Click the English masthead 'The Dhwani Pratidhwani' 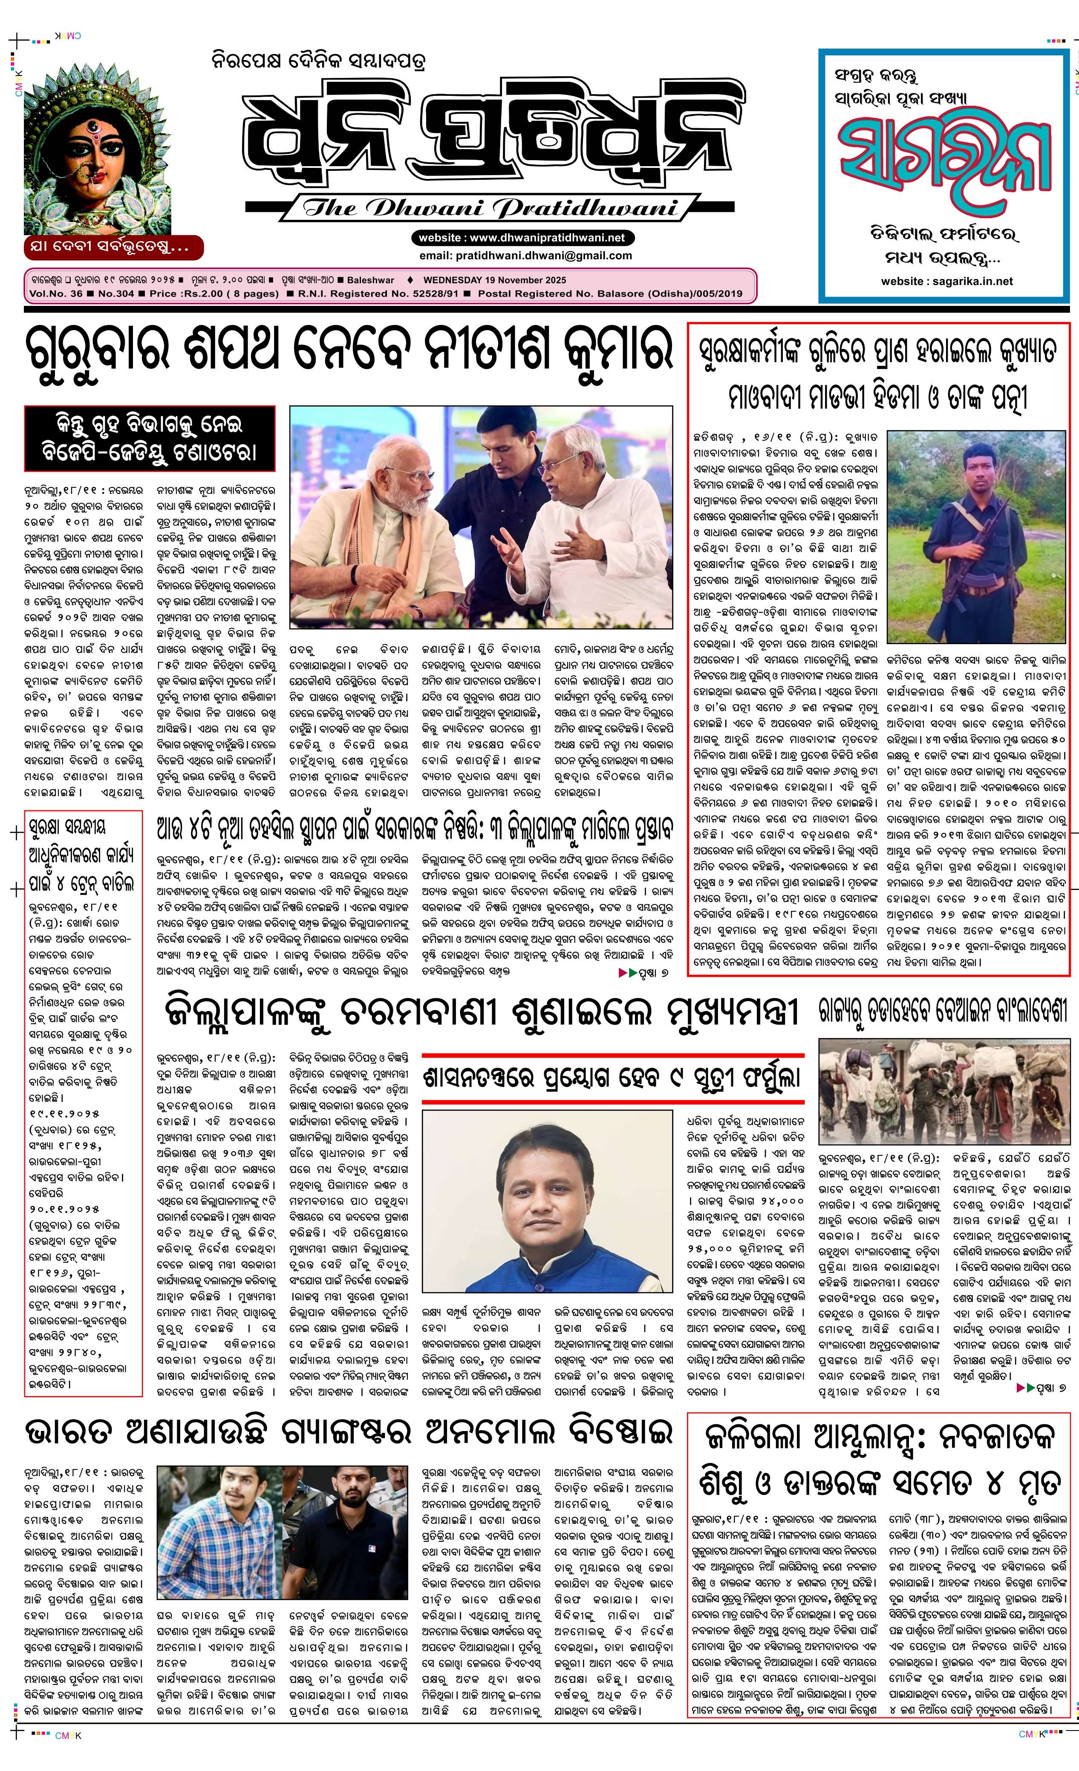[490, 208]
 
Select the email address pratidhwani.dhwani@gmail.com [525, 255]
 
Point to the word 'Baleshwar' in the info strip [370, 280]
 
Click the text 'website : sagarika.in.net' [946, 281]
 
